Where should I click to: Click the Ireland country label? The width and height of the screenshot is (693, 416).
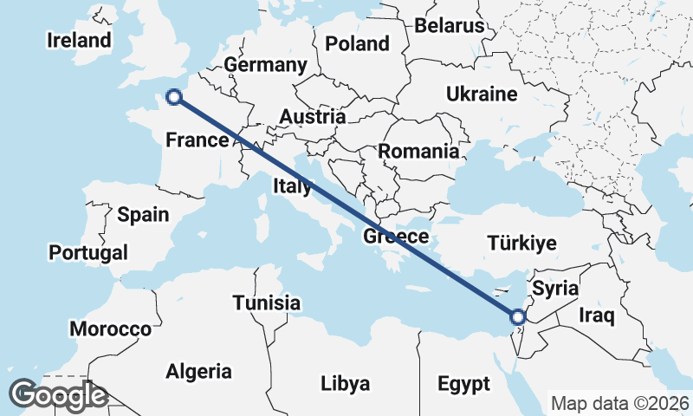pos(79,40)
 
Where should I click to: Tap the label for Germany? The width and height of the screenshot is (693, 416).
pos(265,65)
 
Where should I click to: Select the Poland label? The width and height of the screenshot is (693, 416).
pos(357,43)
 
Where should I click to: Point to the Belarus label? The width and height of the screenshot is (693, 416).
pos(449,25)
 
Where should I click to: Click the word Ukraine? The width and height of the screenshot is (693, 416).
pos(481,94)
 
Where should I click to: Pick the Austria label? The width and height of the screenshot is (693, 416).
pos(312,116)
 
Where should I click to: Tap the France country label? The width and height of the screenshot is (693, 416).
pos(197,140)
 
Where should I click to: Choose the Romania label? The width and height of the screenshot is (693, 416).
pos(418,152)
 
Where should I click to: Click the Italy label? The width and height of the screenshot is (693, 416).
pos(292,185)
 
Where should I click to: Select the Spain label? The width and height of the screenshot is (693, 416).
pos(143,215)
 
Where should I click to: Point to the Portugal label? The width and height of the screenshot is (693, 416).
pos(88,252)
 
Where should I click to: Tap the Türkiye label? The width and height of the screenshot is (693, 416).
pos(521,243)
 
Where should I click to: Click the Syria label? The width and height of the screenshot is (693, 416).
pos(554,287)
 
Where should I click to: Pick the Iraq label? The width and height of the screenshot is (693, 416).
pos(597,313)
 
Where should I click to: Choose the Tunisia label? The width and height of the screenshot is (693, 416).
pos(267,303)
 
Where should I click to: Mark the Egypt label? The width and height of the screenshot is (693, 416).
pos(463,383)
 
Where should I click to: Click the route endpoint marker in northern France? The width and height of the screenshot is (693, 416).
pos(173,97)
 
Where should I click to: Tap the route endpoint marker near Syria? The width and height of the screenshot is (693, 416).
pos(517,317)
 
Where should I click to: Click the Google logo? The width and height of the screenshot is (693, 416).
pos(58,395)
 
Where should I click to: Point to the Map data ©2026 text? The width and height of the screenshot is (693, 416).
pos(619,403)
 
